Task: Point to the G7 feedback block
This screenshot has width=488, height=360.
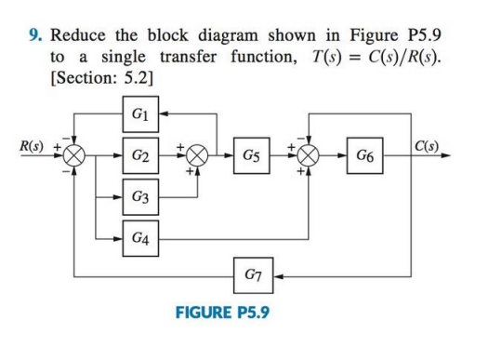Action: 251,276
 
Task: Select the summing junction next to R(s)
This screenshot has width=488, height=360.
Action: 75,154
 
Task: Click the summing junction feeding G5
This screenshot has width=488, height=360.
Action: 196,154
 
